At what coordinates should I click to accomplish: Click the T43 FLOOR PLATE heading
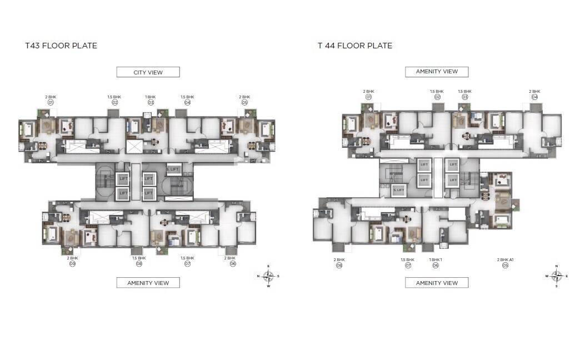[x=61, y=46]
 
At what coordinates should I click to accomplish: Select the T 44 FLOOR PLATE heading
[x=355, y=46]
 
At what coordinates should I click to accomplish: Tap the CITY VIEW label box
[x=148, y=72]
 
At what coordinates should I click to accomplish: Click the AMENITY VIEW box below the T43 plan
[x=148, y=283]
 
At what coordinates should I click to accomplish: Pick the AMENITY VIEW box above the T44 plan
[x=437, y=72]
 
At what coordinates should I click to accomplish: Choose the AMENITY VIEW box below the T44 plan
[x=437, y=283]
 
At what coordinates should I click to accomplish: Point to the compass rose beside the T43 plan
[x=268, y=276]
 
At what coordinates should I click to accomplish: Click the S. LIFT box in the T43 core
[x=174, y=168]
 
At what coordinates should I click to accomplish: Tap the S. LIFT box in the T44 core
[x=398, y=190]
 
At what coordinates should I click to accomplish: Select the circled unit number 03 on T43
[x=151, y=102]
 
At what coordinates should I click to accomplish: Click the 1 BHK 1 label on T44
[x=436, y=259]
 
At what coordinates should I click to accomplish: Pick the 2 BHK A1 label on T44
[x=505, y=259]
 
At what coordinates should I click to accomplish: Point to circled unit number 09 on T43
[x=72, y=264]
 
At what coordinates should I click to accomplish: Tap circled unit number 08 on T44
[x=339, y=266]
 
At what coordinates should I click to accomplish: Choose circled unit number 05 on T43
[x=244, y=102]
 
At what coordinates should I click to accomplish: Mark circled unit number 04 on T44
[x=534, y=97]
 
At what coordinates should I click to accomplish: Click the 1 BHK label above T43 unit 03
[x=151, y=97]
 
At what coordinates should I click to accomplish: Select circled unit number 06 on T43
[x=233, y=264]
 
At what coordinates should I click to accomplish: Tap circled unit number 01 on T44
[x=368, y=97]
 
